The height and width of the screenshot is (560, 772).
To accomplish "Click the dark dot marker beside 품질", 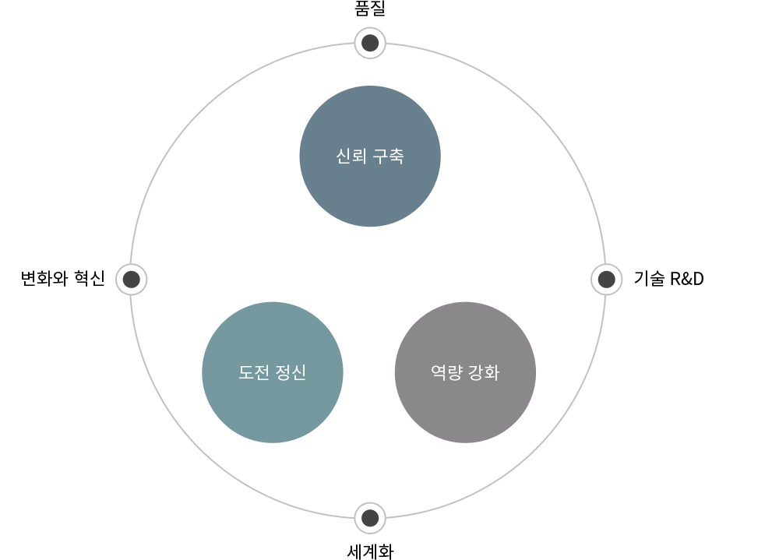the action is point(370,44).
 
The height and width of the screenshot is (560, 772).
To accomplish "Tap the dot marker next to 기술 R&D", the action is point(606,280).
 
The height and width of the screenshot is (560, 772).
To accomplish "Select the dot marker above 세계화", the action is point(370,518).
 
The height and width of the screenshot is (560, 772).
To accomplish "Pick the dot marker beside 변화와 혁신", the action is point(132,280).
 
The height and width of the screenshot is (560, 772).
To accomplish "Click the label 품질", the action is point(370,9).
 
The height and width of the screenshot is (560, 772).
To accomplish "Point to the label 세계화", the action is point(370,551).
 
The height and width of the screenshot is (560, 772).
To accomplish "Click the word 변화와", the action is point(44,279).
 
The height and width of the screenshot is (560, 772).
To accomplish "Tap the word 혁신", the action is point(90,279).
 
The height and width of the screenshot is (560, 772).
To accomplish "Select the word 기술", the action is point(650,279).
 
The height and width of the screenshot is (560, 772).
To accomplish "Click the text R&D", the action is point(687,279).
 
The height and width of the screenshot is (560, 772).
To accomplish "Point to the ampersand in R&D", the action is point(687,279).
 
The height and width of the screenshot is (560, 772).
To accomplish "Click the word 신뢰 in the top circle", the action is point(351,156).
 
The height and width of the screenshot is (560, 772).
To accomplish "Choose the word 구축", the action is point(389,157).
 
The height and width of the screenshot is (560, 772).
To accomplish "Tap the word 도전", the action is point(253,372).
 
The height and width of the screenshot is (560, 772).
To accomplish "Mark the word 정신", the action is point(291,372).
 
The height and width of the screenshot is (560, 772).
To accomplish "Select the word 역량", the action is point(446,372).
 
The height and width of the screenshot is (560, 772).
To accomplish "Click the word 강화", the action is point(484,372).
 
